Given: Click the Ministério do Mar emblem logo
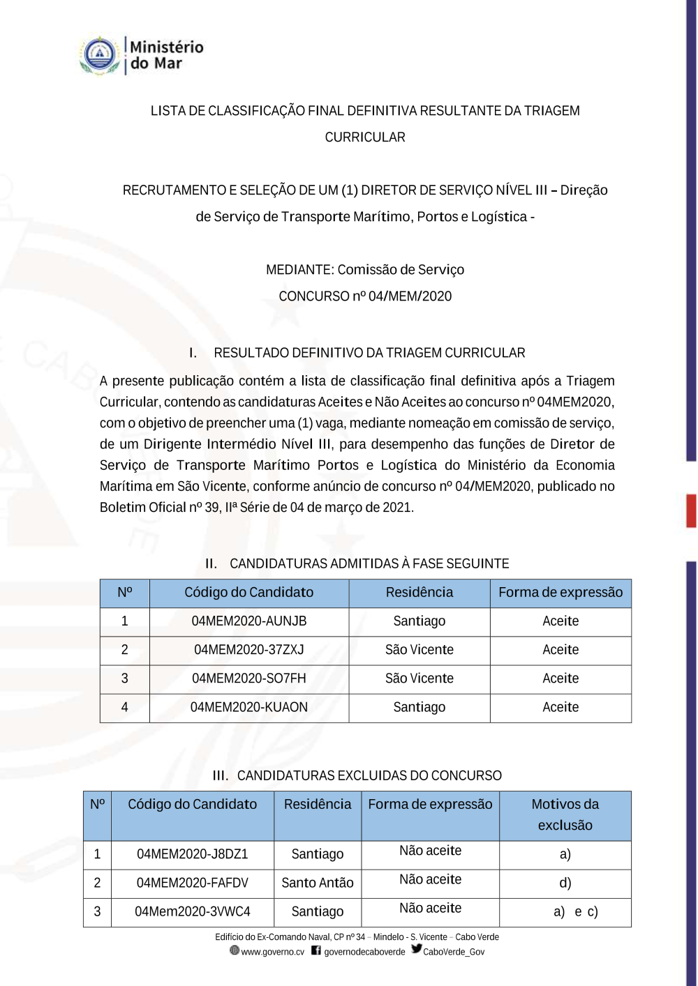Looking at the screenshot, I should click(x=100, y=55).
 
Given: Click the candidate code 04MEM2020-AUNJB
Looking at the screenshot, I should click(x=249, y=621).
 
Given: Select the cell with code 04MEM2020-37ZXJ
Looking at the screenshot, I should click(x=249, y=650).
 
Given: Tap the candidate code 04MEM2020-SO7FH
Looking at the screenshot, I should click(x=249, y=678).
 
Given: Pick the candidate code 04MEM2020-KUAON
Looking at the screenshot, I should click(x=249, y=707).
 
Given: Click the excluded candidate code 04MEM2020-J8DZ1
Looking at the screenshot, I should click(x=193, y=854).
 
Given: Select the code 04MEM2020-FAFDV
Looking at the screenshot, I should click(x=193, y=883).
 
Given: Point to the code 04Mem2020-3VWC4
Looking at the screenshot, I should click(x=193, y=911).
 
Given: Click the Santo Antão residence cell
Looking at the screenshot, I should click(x=318, y=883).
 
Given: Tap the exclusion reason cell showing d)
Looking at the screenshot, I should click(x=565, y=883).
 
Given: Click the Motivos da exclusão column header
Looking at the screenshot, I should click(x=565, y=814).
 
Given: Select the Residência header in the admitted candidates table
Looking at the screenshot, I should click(x=419, y=593).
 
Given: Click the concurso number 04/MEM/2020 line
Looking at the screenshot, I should click(x=365, y=296).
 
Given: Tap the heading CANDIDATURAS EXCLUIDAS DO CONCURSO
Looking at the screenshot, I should click(x=369, y=775).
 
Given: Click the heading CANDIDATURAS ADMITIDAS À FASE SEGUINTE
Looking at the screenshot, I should click(x=369, y=563).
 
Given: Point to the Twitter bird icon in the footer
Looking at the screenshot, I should click(x=417, y=949).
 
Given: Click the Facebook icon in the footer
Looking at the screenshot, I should click(x=316, y=950).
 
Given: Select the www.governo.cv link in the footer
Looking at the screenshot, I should click(x=272, y=952).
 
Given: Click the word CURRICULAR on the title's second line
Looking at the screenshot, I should click(x=365, y=137).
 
